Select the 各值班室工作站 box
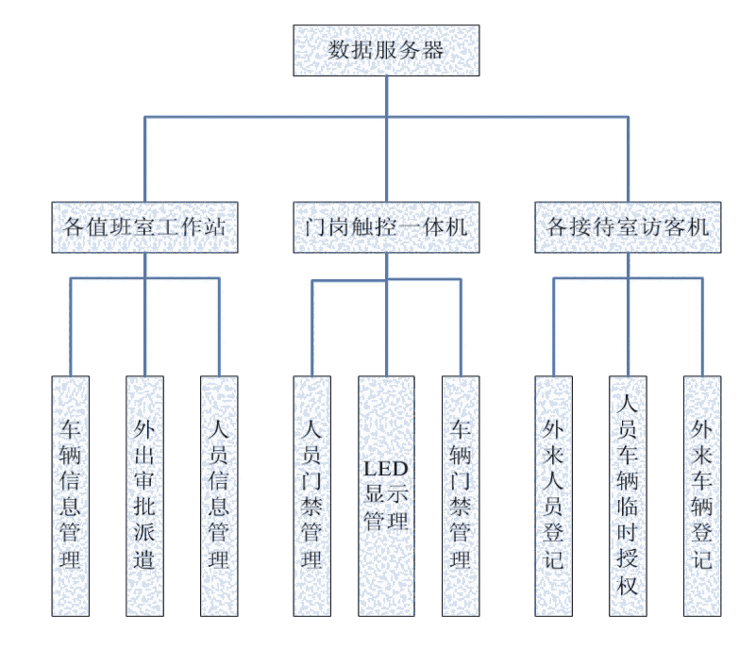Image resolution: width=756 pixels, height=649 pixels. [x=144, y=227]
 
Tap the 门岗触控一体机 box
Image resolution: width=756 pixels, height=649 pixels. [x=386, y=227]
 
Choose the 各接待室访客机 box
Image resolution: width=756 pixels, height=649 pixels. [x=628, y=227]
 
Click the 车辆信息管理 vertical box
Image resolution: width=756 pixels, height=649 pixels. [x=71, y=495]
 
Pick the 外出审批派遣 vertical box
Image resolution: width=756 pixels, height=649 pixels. [x=144, y=495]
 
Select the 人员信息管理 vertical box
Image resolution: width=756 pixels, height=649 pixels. [x=219, y=495]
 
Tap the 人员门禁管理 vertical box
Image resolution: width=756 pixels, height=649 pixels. [x=311, y=495]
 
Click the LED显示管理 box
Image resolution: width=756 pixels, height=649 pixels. [x=386, y=495]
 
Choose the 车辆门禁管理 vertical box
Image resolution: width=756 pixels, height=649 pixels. [x=461, y=495]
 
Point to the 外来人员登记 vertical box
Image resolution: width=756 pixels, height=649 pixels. [x=554, y=495]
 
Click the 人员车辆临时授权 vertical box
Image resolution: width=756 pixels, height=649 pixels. [x=628, y=495]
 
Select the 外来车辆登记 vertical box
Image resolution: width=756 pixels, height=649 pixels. [x=702, y=495]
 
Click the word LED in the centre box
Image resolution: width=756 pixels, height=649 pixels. [x=386, y=468]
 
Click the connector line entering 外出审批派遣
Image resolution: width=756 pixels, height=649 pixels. [x=144, y=330]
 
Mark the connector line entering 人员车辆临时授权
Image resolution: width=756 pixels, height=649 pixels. [x=628, y=330]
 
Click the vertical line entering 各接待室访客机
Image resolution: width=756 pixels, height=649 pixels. [x=628, y=160]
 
